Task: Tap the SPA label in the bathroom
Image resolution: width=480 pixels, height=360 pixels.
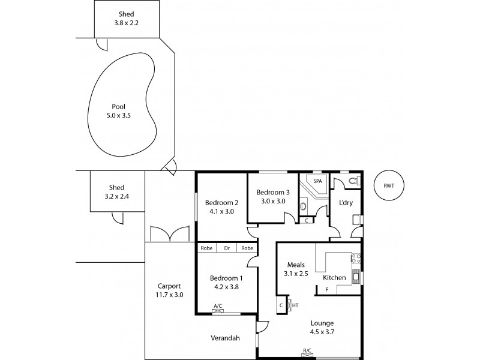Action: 317,181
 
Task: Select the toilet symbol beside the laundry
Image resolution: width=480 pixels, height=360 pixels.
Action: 352,179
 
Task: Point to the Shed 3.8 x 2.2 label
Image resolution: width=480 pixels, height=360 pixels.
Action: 127,14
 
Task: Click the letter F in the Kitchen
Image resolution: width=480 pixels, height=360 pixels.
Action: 326,290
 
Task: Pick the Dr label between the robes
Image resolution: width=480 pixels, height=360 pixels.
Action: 227,248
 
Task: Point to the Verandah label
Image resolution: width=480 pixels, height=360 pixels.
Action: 225,338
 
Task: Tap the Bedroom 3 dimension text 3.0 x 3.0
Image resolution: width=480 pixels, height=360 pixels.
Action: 273,202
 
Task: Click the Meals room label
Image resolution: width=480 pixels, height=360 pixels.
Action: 296,265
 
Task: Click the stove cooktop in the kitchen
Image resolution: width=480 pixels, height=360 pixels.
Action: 355,259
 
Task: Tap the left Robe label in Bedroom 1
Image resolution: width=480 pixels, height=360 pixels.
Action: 207,248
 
